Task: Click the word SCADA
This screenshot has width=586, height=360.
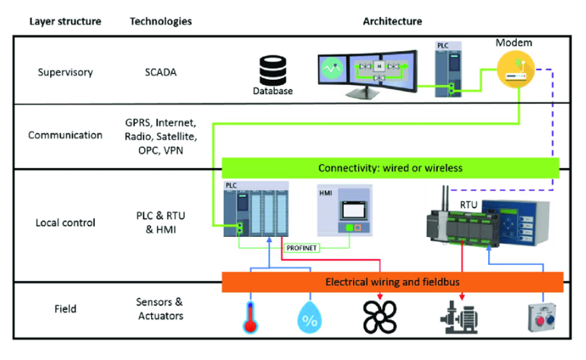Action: pyautogui.click(x=161, y=73)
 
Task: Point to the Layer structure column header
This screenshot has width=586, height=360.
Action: pyautogui.click(x=65, y=21)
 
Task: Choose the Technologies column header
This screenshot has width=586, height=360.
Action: pyautogui.click(x=161, y=21)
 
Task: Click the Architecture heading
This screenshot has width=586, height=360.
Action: pyautogui.click(x=392, y=21)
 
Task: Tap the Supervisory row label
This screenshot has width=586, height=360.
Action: pyautogui.click(x=65, y=73)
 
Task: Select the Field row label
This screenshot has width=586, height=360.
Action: pyautogui.click(x=65, y=309)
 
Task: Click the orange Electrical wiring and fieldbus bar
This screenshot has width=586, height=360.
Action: pyautogui.click(x=392, y=282)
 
